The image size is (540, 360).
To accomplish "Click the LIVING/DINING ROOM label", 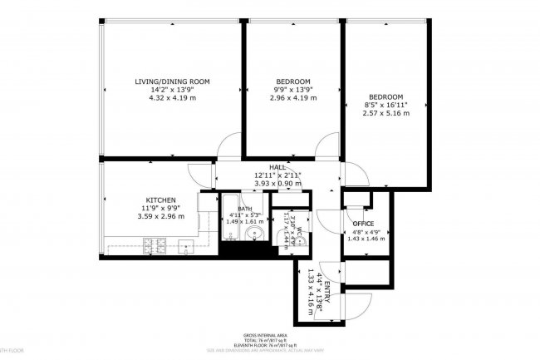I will (172, 81).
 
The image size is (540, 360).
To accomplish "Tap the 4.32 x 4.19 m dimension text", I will (172, 98).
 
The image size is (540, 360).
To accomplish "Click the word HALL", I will (277, 167).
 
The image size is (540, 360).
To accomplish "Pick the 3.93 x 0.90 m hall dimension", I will (277, 183).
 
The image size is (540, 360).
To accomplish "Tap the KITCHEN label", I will (160, 200).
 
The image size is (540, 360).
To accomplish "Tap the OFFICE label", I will (364, 224).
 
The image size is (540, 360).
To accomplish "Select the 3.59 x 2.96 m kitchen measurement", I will (160, 217).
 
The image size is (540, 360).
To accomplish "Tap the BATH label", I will (245, 210).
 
